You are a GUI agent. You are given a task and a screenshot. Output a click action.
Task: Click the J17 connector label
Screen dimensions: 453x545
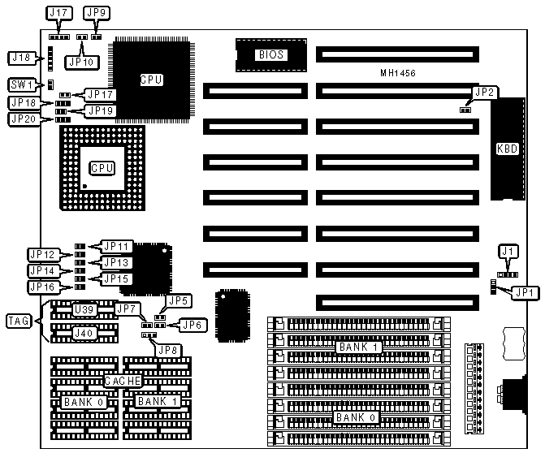click(x=59, y=14)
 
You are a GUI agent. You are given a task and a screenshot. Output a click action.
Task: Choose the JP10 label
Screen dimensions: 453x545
click(x=78, y=59)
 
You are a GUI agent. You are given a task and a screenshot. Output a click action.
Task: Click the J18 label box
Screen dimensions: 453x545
click(x=19, y=57)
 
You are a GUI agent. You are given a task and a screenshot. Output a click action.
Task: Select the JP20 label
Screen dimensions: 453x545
click(x=23, y=119)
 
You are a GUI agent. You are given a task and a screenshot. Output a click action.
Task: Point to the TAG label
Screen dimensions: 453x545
click(x=19, y=321)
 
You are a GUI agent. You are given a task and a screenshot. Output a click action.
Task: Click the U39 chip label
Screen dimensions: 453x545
click(x=83, y=309)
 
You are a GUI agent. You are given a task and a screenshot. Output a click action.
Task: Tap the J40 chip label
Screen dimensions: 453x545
click(x=83, y=331)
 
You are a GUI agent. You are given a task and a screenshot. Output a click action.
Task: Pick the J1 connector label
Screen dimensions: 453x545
click(x=508, y=252)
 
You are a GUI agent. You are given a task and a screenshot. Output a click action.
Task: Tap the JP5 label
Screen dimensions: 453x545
click(x=178, y=300)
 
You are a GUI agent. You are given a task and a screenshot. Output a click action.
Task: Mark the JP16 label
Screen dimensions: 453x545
click(x=41, y=286)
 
